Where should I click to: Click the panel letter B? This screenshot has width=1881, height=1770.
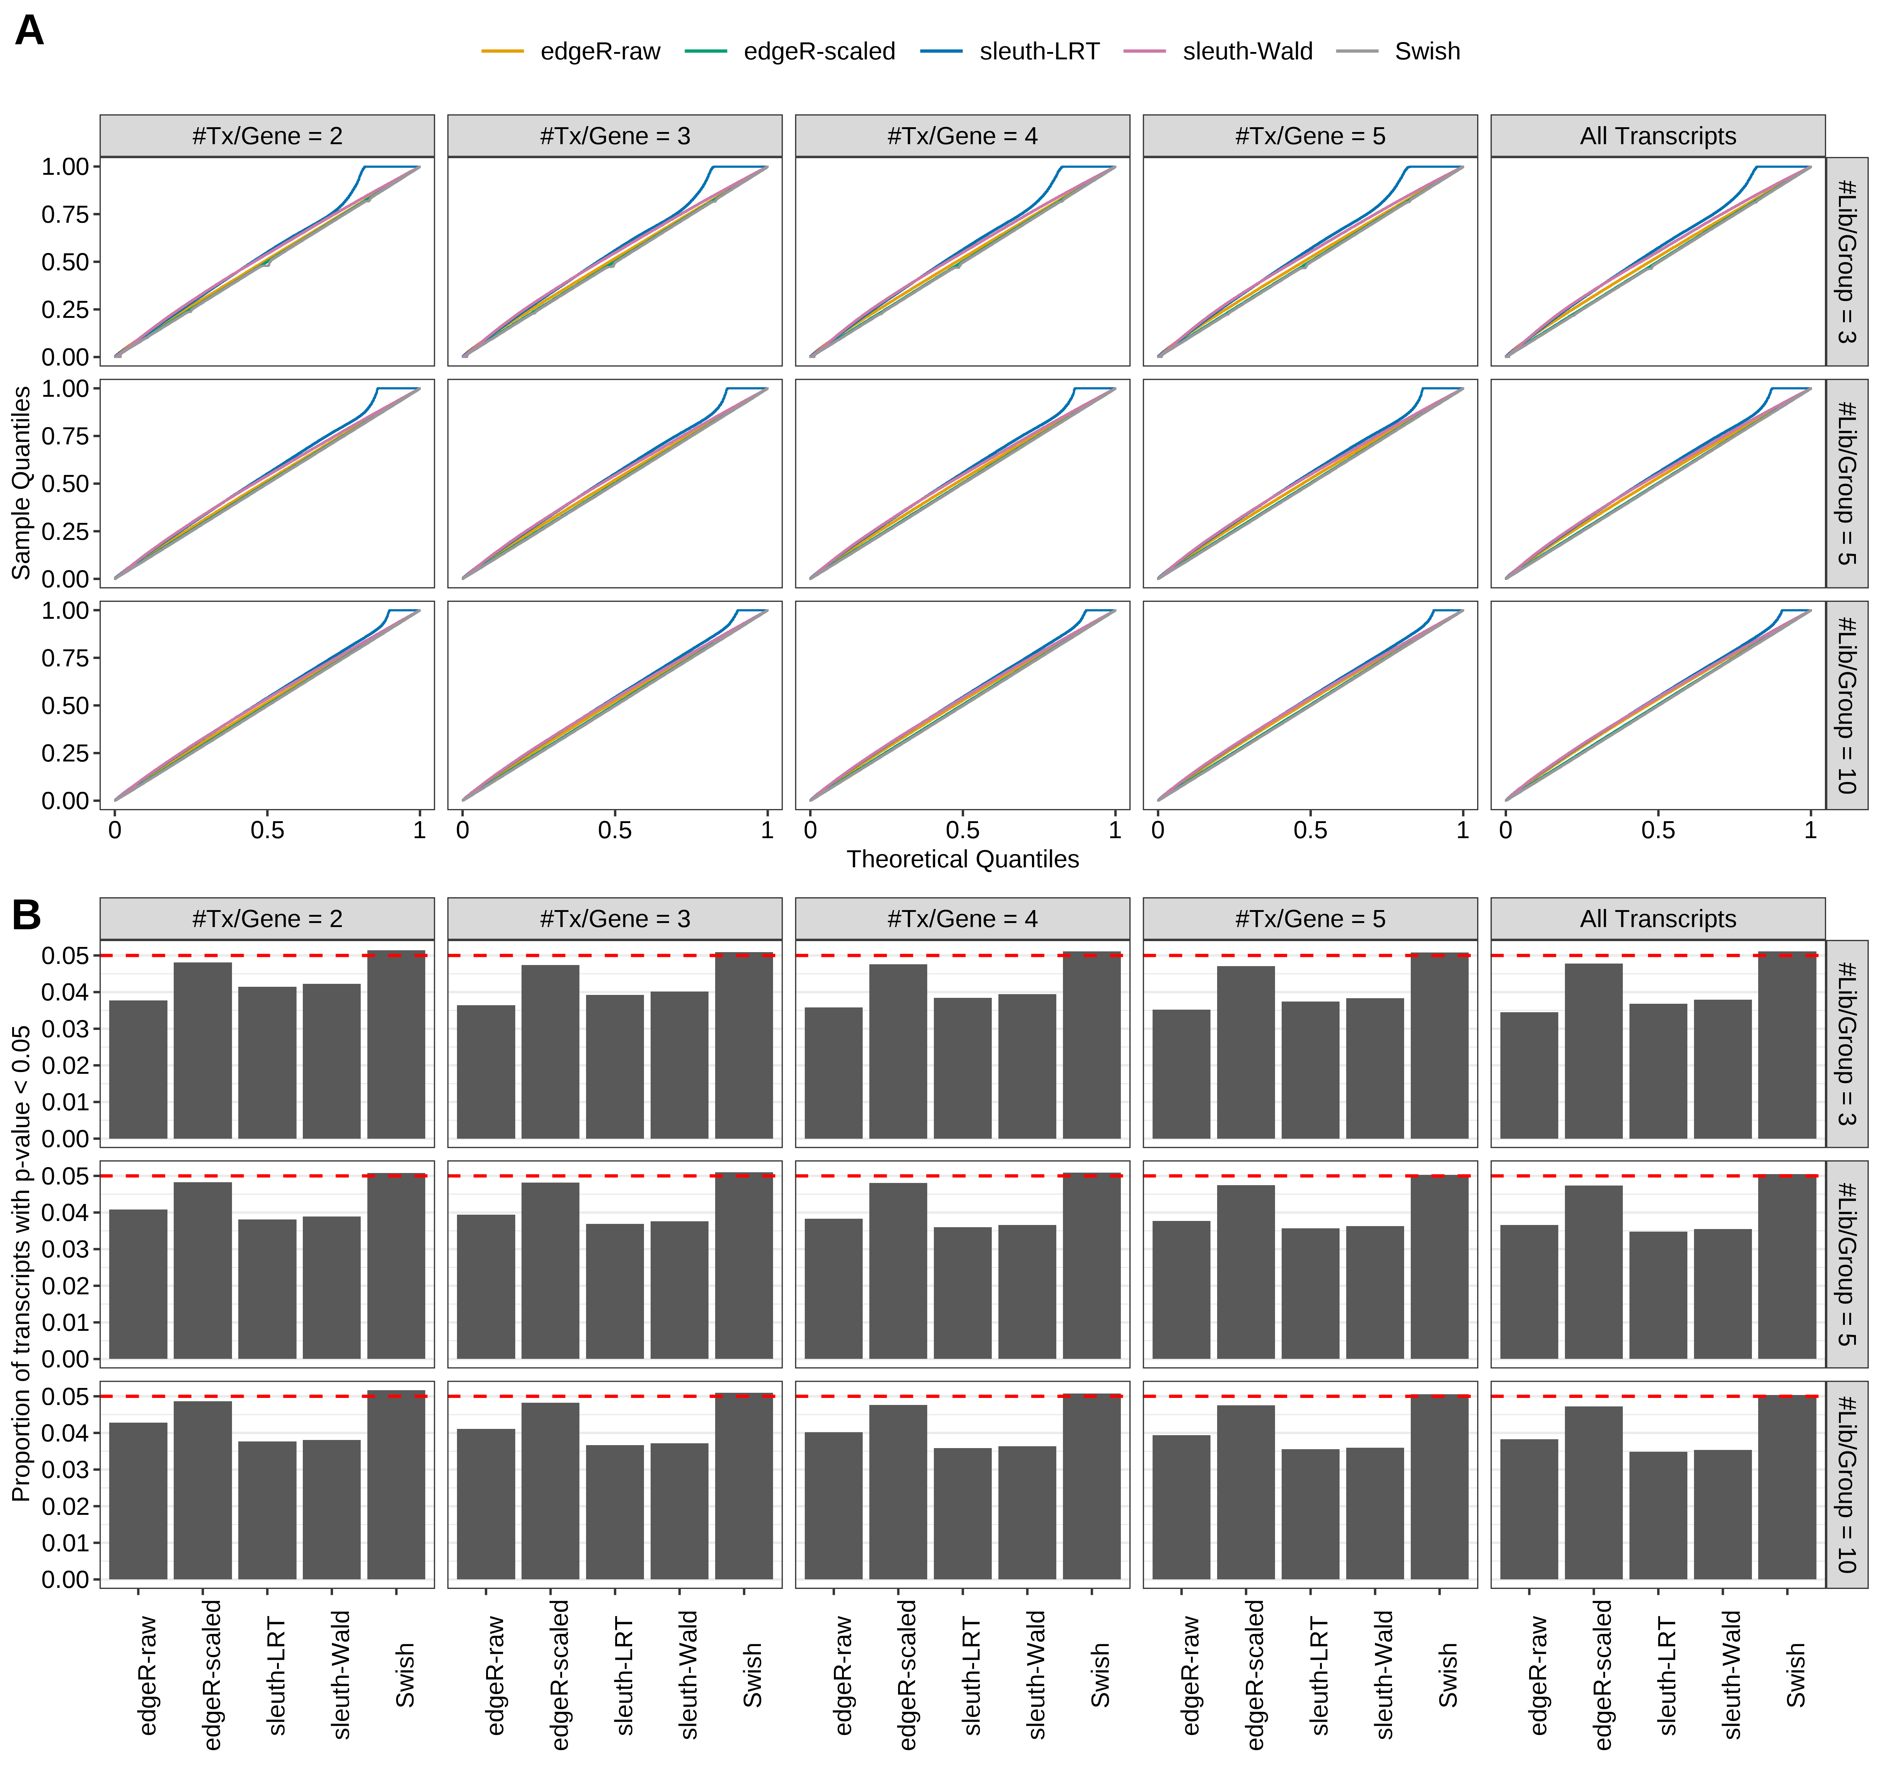27,915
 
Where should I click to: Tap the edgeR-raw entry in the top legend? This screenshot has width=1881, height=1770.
599,51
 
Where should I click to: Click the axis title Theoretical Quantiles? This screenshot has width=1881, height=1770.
962,859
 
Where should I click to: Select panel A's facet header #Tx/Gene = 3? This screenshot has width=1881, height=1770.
615,136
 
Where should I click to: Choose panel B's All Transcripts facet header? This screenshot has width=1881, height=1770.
1658,919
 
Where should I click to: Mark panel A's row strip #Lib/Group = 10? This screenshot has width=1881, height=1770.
1846,705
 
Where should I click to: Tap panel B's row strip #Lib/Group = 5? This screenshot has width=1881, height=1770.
1846,1264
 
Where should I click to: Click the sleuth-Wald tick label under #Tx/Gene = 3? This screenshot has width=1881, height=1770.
688,1674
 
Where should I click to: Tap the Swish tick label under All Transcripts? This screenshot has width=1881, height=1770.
1795,1674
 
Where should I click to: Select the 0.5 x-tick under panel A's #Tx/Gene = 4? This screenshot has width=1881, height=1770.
962,830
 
